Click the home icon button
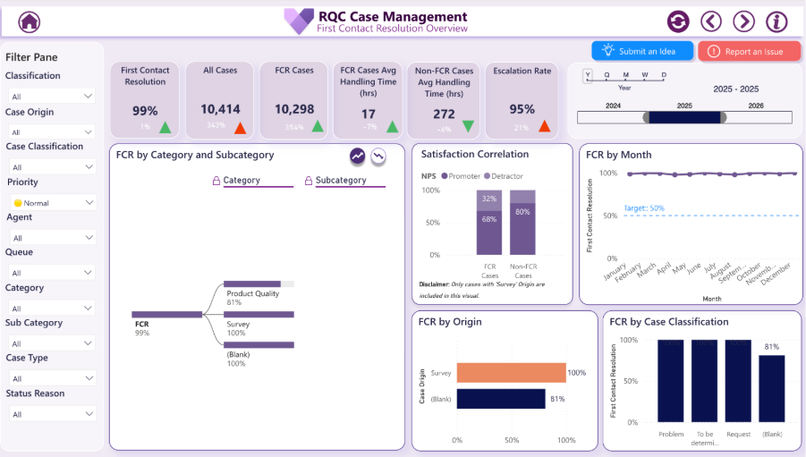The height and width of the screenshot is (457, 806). coord(30,21)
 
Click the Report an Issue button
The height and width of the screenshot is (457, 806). coord(749,51)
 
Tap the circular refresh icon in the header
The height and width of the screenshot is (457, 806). coord(678,21)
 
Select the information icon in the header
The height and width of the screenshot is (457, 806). coord(776,21)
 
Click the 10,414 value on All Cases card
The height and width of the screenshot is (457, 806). coord(220,110)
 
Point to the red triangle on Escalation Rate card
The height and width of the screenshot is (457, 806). coord(544,127)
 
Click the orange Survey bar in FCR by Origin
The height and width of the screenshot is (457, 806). coord(511,373)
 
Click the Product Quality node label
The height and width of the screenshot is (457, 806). coord(253,293)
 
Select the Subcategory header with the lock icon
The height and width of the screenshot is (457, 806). coord(340,181)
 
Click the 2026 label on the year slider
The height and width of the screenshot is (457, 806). coord(757,106)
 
